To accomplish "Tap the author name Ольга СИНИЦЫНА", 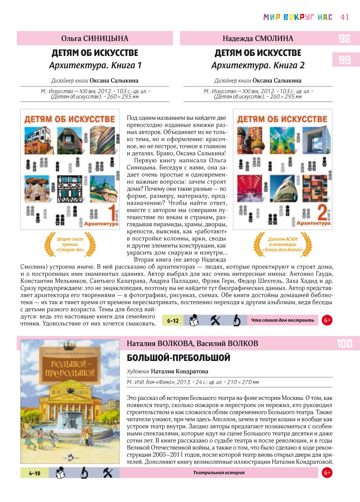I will pyautogui.click(x=95, y=39).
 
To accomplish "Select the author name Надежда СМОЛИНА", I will pyautogui.click(x=258, y=39).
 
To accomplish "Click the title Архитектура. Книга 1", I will pyautogui.click(x=95, y=66).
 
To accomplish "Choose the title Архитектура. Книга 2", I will pyautogui.click(x=258, y=66).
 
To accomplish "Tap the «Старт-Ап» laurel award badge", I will pyautogui.click(x=65, y=245).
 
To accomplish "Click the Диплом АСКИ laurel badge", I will pyautogui.click(x=282, y=245).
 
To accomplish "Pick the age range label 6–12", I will pyautogui.click(x=173, y=321).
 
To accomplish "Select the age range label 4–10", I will pyautogui.click(x=34, y=473).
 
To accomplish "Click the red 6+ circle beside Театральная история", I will pyautogui.click(x=327, y=473).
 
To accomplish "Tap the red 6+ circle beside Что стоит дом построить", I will pyautogui.click(x=327, y=321).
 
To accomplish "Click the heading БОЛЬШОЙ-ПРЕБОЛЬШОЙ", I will pyautogui.click(x=178, y=358).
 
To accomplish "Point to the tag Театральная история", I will pyautogui.click(x=219, y=473).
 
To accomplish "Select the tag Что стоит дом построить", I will pyautogui.click(x=282, y=321).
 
